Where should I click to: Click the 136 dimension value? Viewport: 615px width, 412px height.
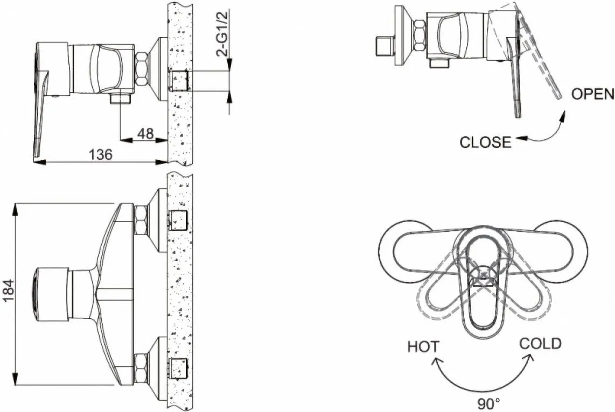click(101, 154)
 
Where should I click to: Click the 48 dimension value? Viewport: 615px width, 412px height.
click(145, 133)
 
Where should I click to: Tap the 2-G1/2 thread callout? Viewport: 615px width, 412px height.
click(224, 34)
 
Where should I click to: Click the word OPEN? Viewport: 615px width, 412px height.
click(592, 94)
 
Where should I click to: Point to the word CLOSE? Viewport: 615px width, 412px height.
click(486, 142)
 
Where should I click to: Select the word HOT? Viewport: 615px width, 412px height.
click(424, 347)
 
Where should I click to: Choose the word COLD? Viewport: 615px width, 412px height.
click(540, 344)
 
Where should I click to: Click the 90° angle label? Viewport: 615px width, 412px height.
click(488, 404)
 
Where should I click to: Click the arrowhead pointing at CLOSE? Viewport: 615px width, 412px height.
click(520, 138)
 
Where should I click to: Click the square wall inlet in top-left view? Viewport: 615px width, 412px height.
click(179, 81)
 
